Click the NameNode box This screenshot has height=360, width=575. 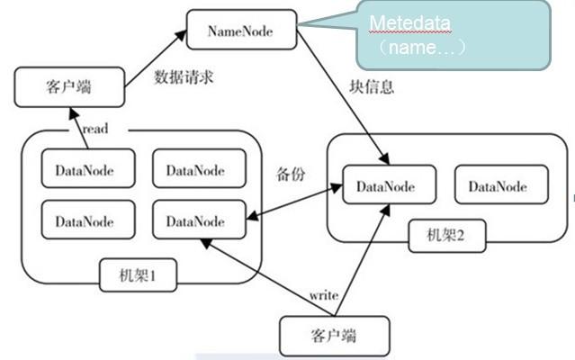tap(240, 31)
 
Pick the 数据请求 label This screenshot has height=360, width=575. tap(184, 76)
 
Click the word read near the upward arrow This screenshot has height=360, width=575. tap(94, 129)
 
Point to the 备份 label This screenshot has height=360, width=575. tap(288, 173)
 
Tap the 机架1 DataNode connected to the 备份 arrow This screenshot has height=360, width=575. tap(195, 220)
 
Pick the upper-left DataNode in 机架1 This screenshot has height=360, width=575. tap(85, 169)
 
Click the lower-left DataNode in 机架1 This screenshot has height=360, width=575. tap(85, 220)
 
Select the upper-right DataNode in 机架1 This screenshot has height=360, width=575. tap(195, 169)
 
